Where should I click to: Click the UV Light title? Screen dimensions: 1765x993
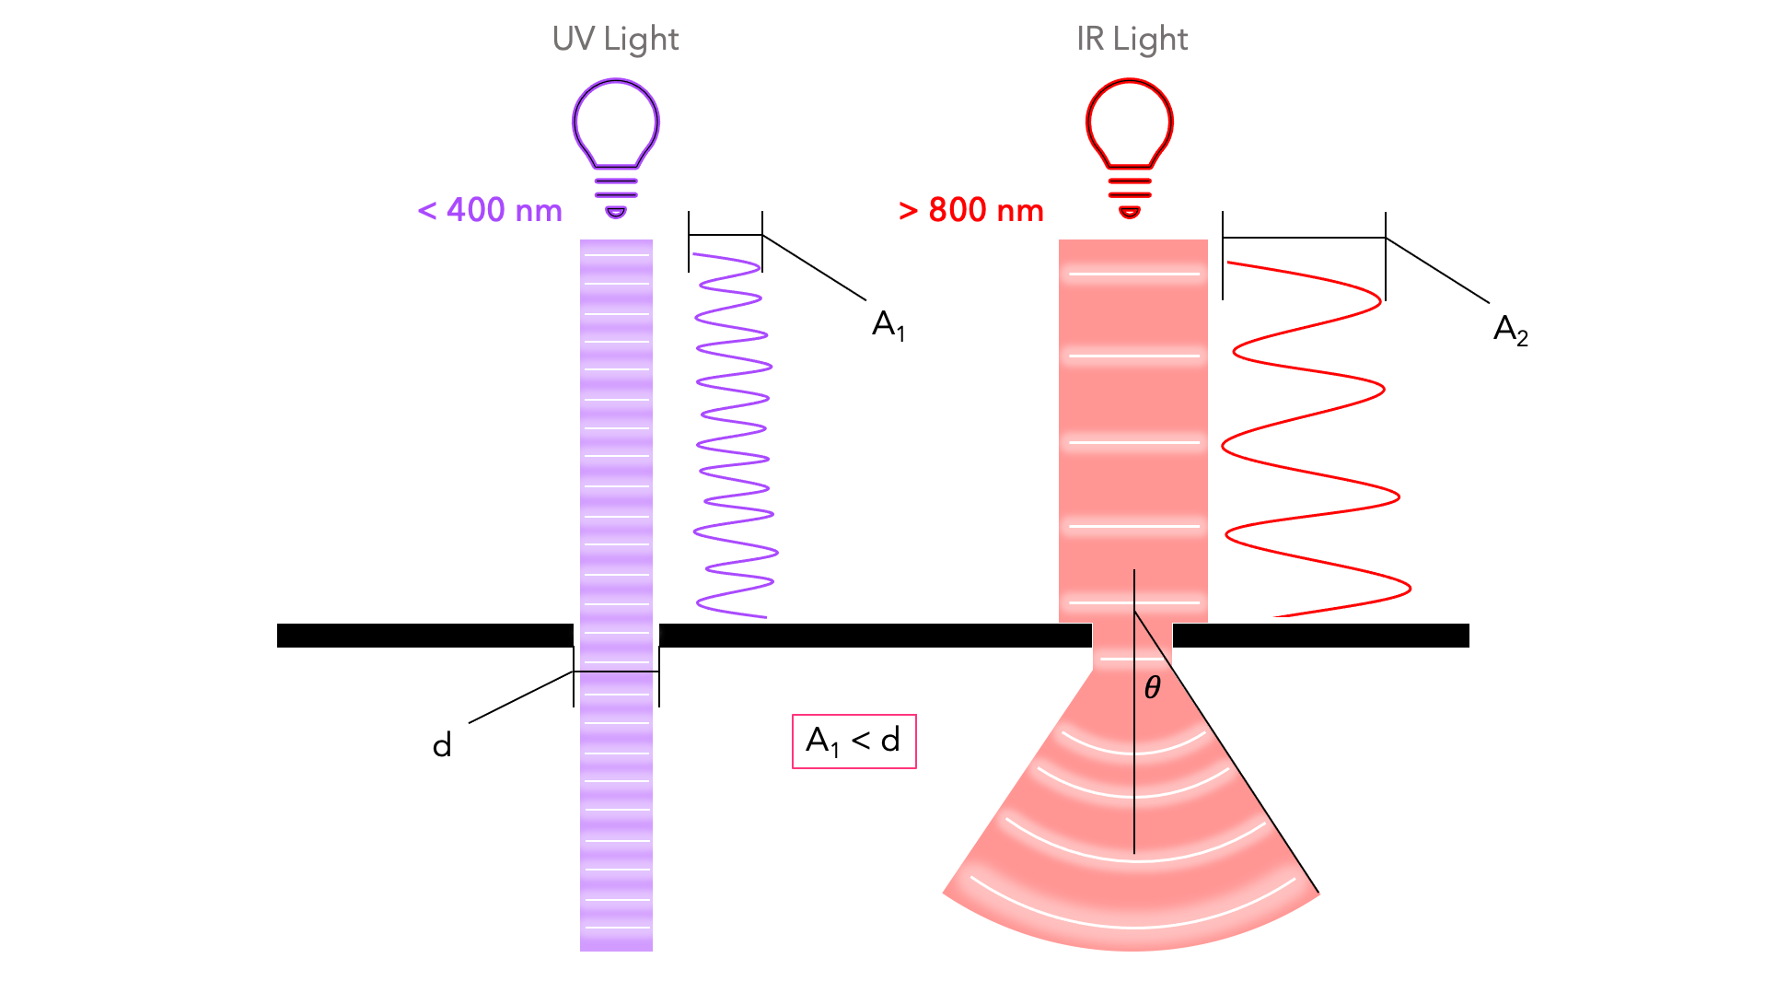pos(615,39)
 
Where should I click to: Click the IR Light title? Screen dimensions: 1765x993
pos(1132,39)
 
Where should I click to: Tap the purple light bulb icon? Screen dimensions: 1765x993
pos(616,148)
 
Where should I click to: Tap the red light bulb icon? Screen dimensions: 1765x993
pos(1130,148)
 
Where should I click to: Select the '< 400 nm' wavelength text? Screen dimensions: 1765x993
pos(490,210)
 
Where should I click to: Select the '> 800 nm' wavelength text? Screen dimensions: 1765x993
pos(971,210)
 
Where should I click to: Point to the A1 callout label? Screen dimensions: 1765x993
pos(888,325)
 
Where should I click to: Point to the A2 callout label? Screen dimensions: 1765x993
pos(1510,329)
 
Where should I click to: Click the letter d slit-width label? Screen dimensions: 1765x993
pos(442,744)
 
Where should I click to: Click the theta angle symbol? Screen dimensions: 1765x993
pos(1153,687)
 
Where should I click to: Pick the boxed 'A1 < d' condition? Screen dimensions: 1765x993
pos(853,741)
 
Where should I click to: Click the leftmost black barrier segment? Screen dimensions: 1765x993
pos(425,636)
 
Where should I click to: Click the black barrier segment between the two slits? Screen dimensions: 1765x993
pos(876,636)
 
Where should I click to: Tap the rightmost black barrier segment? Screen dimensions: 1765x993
pos(1320,636)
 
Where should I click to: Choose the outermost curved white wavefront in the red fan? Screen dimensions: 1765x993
pos(1132,918)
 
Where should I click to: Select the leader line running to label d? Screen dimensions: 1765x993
pos(521,697)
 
